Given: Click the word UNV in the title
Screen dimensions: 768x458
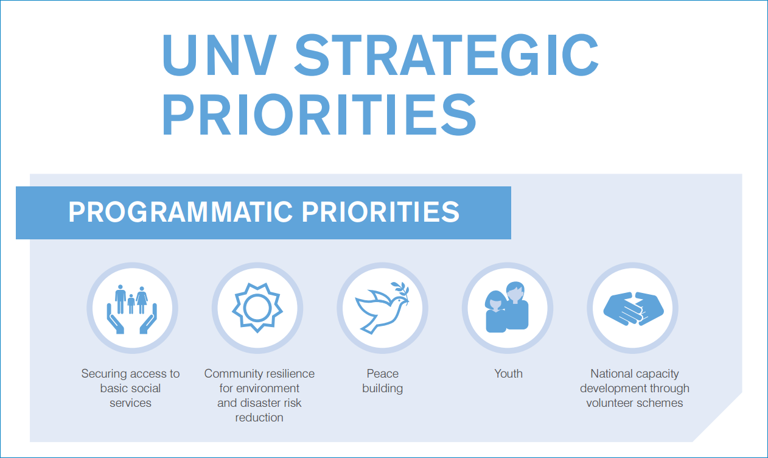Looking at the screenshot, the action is [x=220, y=55].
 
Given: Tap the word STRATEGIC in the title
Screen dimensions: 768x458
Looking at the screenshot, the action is [x=447, y=55].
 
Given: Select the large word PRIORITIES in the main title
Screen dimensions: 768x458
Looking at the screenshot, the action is [x=319, y=114].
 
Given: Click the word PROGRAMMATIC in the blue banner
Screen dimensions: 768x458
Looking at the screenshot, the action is [x=180, y=212].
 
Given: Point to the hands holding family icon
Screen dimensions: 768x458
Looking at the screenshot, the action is [x=132, y=309].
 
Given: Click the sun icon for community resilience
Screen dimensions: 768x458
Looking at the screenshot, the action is [x=257, y=308].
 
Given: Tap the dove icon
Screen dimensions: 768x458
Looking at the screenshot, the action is [x=382, y=308].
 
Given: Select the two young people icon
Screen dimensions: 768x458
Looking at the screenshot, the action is [x=507, y=307].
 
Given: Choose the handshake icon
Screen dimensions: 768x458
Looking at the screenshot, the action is [x=633, y=308].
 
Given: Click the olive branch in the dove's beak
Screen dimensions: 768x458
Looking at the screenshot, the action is [x=401, y=292].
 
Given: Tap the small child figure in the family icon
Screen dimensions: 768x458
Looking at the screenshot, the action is [x=131, y=304].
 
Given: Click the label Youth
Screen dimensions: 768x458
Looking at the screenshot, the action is [x=509, y=373].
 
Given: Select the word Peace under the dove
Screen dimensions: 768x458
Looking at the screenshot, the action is [x=383, y=373].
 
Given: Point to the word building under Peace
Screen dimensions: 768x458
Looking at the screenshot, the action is [x=383, y=389].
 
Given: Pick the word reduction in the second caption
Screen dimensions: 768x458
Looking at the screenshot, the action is [x=259, y=418].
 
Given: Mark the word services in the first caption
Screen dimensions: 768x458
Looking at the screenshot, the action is [x=130, y=403].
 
